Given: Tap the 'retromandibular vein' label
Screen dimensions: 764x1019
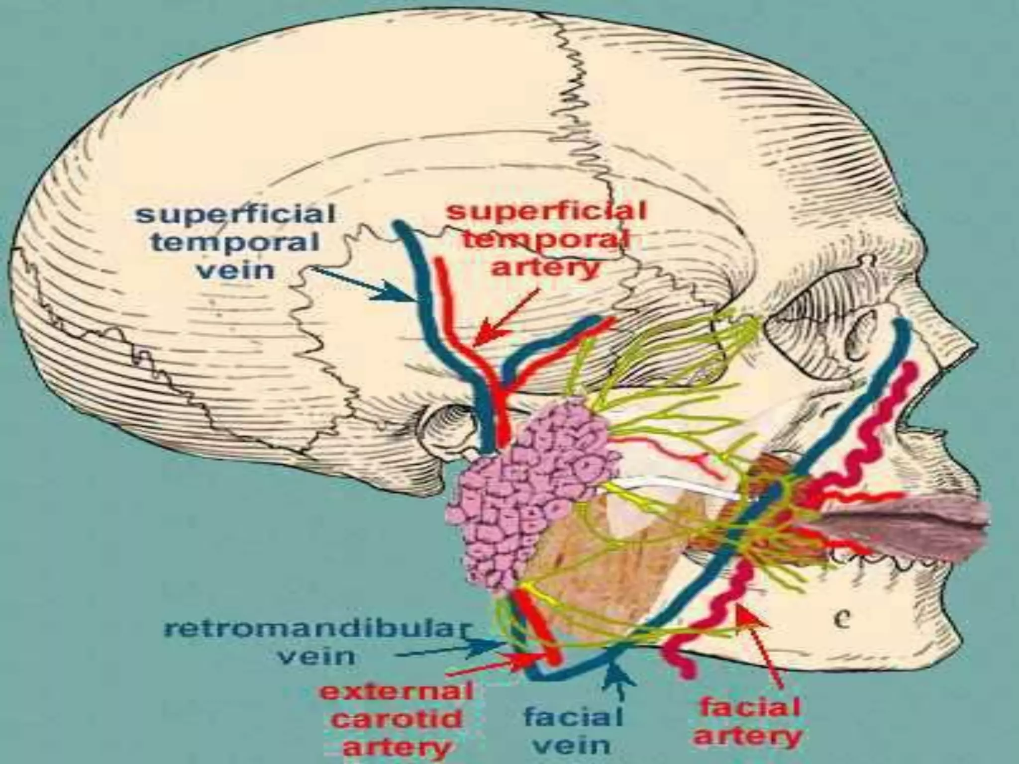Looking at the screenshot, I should click(316, 642).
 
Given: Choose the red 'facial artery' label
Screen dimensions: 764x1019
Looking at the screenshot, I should click(748, 721).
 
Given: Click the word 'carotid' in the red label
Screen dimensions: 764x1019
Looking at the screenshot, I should click(396, 720).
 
